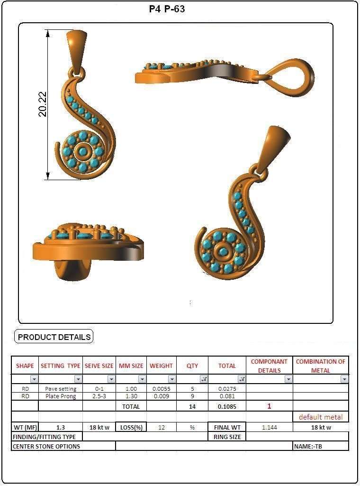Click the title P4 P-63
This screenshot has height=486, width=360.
[x=167, y=9]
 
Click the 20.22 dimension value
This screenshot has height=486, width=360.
[x=42, y=104]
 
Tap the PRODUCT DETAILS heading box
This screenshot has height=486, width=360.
[x=54, y=337]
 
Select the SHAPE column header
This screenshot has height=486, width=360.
[x=25, y=366]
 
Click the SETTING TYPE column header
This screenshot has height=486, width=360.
[x=61, y=366]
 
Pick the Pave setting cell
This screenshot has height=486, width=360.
[x=61, y=389]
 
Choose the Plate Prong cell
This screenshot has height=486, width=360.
[x=61, y=396]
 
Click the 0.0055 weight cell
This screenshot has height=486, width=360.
[x=161, y=389]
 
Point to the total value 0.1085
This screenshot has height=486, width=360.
[x=227, y=406]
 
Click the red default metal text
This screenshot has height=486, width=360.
[x=321, y=417]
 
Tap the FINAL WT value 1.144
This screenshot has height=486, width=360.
[x=270, y=427]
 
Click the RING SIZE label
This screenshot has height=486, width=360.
[x=227, y=437]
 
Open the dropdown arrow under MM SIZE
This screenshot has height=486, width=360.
[x=142, y=379]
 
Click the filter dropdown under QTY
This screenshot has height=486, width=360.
[x=204, y=379]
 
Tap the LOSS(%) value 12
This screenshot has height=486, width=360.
[x=162, y=427]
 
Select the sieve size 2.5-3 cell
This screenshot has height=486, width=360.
[x=99, y=396]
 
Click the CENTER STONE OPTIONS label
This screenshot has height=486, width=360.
[x=46, y=446]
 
